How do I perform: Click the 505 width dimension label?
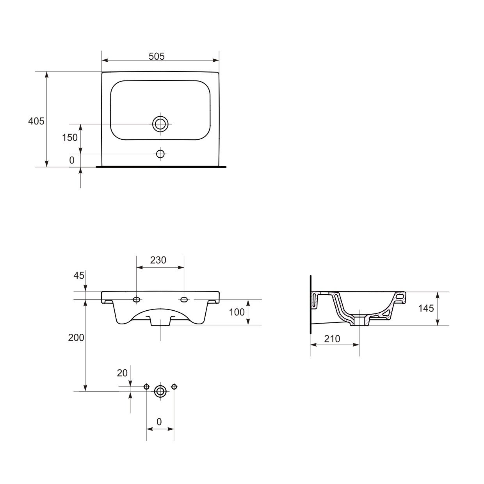click(157, 56)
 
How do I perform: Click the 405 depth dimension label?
click(36, 121)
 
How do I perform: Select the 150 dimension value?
click(70, 137)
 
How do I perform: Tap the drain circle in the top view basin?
click(160, 124)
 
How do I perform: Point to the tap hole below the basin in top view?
click(160, 154)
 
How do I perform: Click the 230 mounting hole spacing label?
click(158, 260)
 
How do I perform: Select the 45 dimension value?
click(79, 276)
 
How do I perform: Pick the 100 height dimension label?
click(237, 312)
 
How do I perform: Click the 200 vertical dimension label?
click(76, 338)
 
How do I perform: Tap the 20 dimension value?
click(122, 380)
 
